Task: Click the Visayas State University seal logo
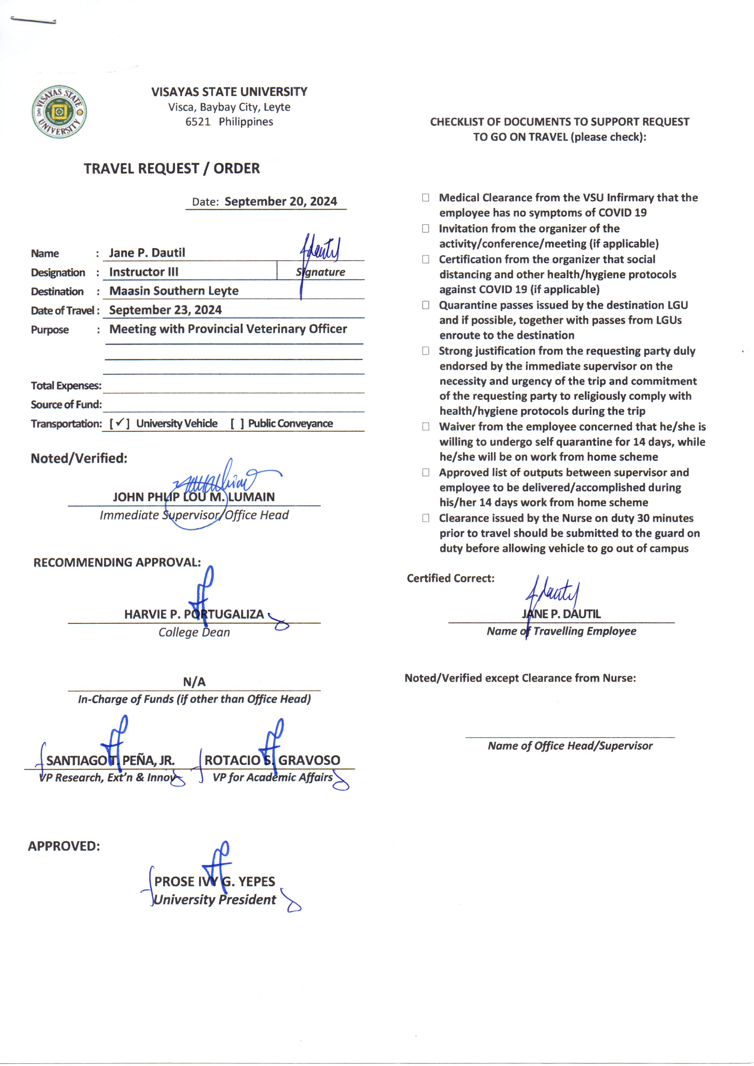59,112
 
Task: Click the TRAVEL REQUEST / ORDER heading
172,168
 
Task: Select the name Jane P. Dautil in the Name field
147,253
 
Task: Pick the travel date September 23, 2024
165,310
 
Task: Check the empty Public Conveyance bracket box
237,424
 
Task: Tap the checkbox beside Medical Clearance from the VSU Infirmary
425,197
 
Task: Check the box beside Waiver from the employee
425,426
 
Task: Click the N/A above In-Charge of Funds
194,681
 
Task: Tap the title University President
215,900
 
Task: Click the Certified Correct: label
450,578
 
